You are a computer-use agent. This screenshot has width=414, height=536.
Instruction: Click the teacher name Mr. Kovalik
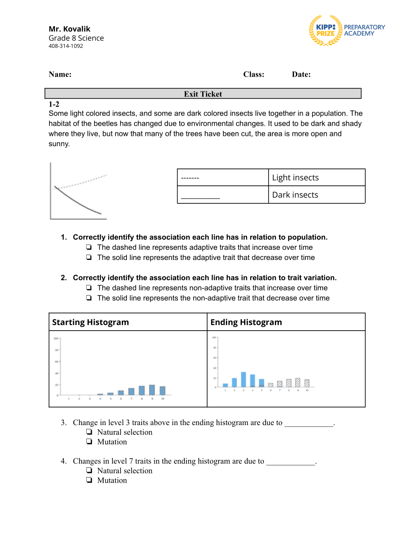click(69, 29)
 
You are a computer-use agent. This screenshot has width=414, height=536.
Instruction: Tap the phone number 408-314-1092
click(66, 46)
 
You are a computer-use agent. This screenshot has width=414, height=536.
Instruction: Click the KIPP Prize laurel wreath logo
click(325, 30)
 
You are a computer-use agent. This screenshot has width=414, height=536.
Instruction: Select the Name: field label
click(60, 75)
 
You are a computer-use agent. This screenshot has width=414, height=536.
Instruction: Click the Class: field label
click(253, 75)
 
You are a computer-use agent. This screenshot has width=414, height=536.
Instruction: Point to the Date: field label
click(301, 75)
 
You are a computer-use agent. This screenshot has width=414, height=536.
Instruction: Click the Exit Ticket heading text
click(203, 94)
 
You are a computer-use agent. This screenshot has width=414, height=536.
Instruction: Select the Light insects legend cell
click(316, 177)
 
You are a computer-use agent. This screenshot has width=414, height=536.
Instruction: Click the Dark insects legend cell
click(316, 195)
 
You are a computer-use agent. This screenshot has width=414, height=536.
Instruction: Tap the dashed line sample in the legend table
click(190, 178)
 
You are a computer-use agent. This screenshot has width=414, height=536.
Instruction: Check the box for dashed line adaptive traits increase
click(89, 247)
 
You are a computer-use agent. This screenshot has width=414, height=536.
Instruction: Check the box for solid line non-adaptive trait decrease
click(89, 298)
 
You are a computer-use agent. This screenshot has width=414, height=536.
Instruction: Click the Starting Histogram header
click(90, 322)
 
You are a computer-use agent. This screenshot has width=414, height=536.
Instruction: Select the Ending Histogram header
click(246, 322)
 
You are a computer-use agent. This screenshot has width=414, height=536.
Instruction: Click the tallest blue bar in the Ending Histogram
click(244, 379)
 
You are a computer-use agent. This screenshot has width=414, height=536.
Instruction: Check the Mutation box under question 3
click(89, 442)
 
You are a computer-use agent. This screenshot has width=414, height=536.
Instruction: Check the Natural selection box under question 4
click(89, 471)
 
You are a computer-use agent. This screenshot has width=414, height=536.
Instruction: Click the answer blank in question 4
click(291, 461)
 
